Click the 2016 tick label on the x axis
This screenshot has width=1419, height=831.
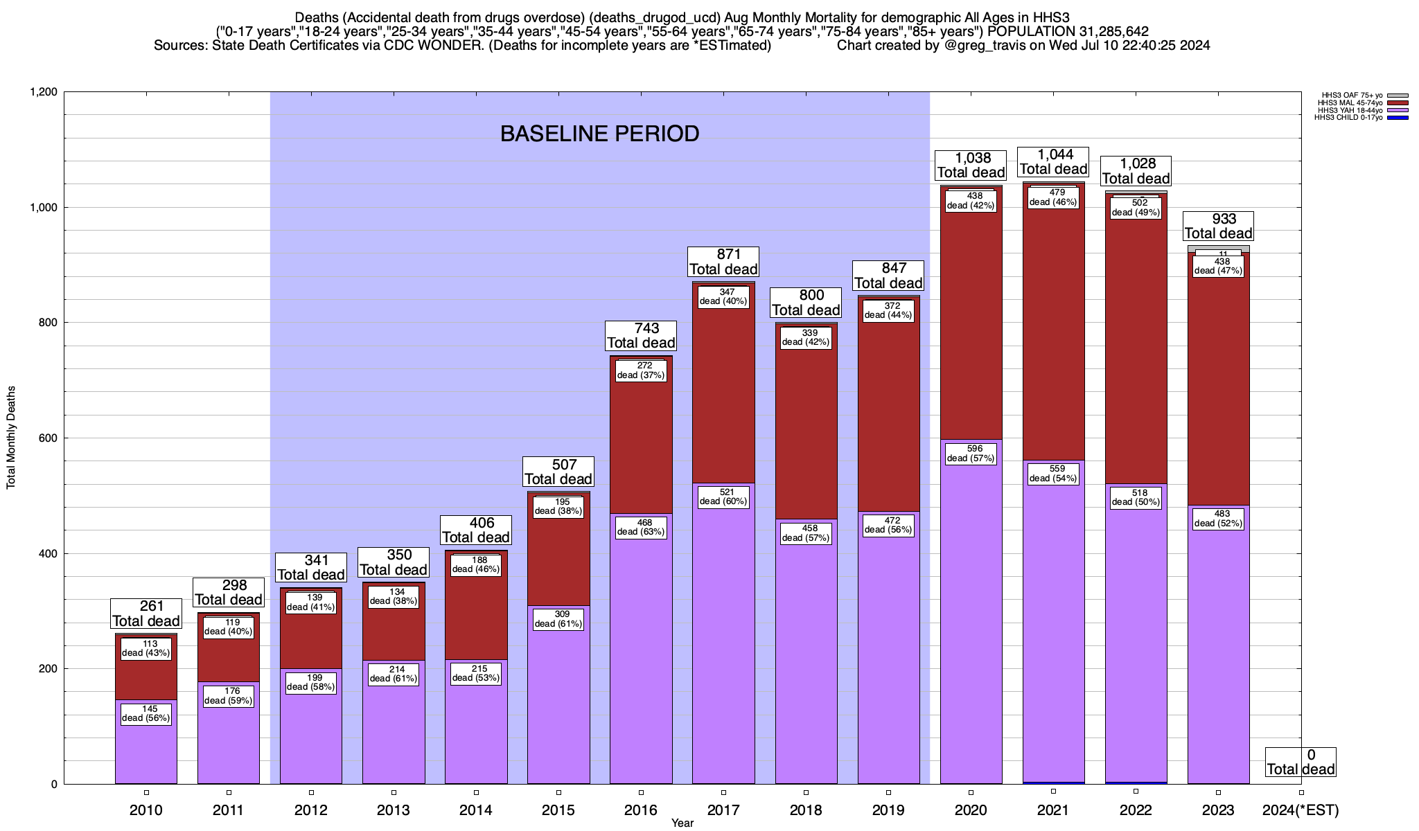click(641, 810)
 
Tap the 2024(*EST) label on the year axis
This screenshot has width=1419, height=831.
click(1301, 810)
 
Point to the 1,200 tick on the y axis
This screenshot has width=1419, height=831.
click(43, 92)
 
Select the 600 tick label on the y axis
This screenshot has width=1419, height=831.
click(48, 438)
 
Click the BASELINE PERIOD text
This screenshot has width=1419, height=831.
click(599, 134)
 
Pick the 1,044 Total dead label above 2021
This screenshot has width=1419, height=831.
click(1053, 162)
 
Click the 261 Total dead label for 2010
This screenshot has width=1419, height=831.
click(146, 614)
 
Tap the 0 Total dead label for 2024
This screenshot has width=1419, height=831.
click(1301, 762)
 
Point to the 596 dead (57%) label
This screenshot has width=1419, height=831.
click(971, 453)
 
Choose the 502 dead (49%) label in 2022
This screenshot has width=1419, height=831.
click(1136, 208)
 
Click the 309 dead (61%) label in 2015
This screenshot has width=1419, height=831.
click(558, 619)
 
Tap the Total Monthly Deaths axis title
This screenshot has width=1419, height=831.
click(11, 438)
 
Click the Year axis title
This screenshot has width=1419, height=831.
click(682, 823)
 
